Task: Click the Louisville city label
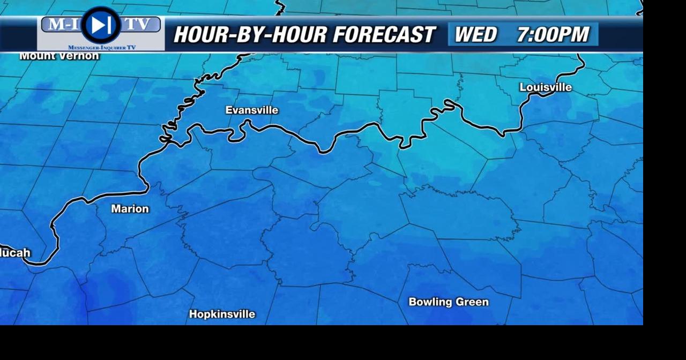pyautogui.click(x=546, y=87)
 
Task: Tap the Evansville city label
pyautogui.click(x=252, y=110)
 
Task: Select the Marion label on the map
pyautogui.click(x=130, y=209)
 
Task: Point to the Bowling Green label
pyautogui.click(x=449, y=302)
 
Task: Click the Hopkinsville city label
pyautogui.click(x=222, y=314)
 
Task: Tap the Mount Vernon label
pyautogui.click(x=59, y=56)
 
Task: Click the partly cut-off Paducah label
pyautogui.click(x=15, y=253)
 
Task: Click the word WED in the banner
pyautogui.click(x=475, y=35)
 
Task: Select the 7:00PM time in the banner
pyautogui.click(x=553, y=35)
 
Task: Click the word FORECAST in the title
pyautogui.click(x=384, y=35)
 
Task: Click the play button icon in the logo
pyautogui.click(x=101, y=25)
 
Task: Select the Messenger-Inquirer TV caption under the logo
pyautogui.click(x=102, y=48)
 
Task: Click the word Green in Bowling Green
pyautogui.click(x=472, y=302)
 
